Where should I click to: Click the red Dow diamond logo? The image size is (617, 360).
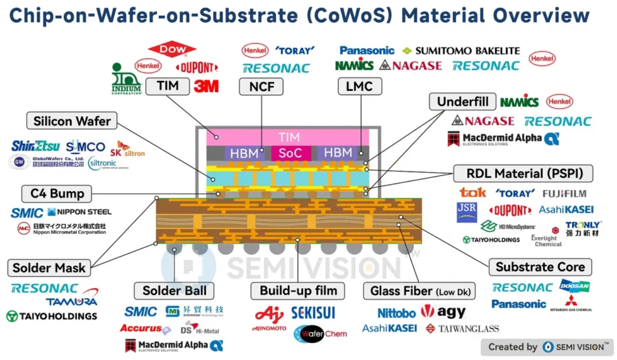172,49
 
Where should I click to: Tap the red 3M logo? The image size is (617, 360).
206,86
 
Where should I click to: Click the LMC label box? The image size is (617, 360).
360,86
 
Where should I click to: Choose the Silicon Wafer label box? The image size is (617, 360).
72,121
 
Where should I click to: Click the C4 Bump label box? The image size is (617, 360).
57,193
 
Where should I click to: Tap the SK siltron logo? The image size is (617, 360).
127,149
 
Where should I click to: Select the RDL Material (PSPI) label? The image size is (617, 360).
523,173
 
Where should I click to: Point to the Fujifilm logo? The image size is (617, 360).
564,193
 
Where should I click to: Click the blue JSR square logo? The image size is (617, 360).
467,212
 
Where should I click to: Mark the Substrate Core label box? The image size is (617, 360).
540,267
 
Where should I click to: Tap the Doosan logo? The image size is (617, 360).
574,285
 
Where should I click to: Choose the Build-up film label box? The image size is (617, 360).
299,291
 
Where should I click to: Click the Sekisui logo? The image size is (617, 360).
313,312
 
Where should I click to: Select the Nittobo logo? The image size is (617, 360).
396,313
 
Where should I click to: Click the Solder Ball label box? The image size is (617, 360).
174,291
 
